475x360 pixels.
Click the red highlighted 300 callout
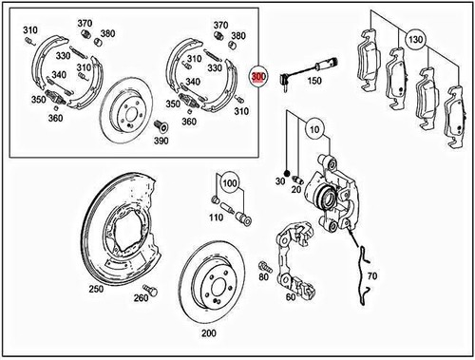(257, 76)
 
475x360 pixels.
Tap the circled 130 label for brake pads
(414, 40)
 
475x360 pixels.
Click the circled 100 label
(229, 180)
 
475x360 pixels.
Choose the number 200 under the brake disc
(209, 333)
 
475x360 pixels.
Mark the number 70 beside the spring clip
(371, 276)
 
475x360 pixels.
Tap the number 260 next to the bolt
(141, 299)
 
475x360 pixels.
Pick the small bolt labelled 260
(147, 287)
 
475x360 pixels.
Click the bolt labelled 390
(161, 126)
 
